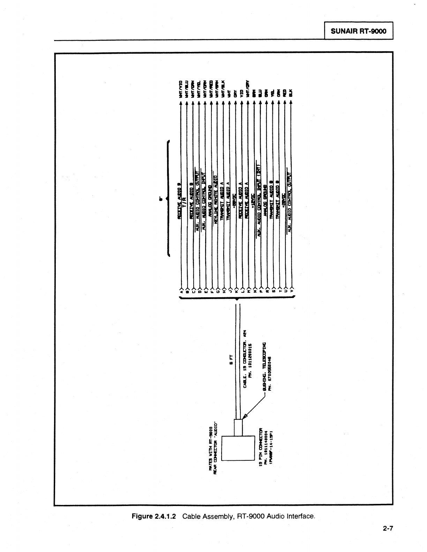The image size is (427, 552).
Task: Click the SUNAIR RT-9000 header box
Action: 359,31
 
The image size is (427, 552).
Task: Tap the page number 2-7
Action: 387,529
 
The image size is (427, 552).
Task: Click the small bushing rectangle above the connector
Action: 238,427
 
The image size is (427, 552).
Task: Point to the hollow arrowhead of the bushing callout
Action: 245,415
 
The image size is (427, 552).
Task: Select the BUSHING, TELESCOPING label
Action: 264,366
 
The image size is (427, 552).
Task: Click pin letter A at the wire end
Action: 181,289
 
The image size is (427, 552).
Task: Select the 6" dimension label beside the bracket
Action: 161,199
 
